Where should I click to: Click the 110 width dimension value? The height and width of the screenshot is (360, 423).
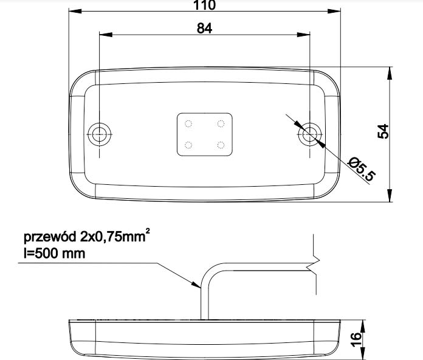pyautogui.click(x=204, y=5)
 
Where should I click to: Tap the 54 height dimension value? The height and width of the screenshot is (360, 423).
pyautogui.click(x=383, y=132)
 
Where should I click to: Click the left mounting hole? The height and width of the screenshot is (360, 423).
pyautogui.click(x=98, y=133)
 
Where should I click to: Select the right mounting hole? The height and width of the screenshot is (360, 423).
pyautogui.click(x=310, y=133)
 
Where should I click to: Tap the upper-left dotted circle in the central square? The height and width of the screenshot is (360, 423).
pyautogui.click(x=188, y=124)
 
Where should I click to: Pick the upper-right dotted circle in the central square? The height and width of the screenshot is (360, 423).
pyautogui.click(x=221, y=124)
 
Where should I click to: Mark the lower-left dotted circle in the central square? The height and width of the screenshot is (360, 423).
pyautogui.click(x=188, y=145)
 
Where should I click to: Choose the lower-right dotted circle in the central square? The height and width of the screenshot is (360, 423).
pyautogui.click(x=221, y=145)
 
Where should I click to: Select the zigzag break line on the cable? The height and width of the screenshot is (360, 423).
pyautogui.click(x=313, y=264)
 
